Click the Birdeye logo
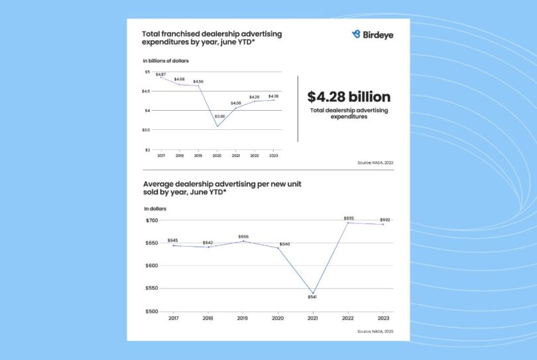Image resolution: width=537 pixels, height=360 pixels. click(373, 34)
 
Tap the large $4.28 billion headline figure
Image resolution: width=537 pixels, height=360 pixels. click(349, 97)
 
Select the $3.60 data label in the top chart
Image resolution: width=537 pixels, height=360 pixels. click(219, 116)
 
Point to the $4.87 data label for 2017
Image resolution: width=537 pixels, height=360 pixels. click(160, 74)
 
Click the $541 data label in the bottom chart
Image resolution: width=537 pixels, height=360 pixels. click(312, 297)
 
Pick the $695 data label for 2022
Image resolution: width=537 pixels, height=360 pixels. click(349, 218)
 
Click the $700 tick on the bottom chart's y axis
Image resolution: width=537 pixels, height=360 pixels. click(152, 220)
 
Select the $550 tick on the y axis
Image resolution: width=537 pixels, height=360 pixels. click(152, 288)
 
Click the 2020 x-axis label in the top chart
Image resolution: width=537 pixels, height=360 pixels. click(217, 155)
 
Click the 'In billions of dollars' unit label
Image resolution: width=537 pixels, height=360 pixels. click(166, 60)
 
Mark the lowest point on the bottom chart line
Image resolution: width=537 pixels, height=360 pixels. click(312, 292)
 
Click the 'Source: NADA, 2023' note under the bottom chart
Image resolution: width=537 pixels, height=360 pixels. click(375, 331)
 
